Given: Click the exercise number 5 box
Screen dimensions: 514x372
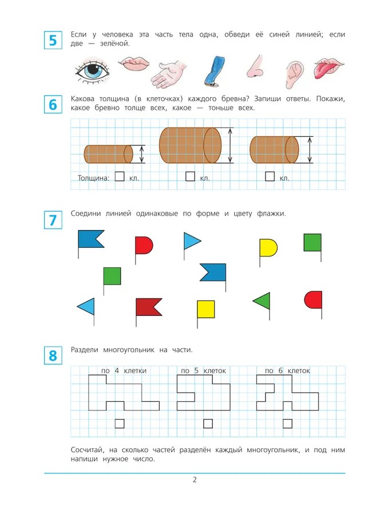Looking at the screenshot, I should tap(53, 41).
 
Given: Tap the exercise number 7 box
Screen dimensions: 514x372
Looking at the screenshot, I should tap(53, 220).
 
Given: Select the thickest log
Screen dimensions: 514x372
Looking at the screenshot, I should tap(189, 145).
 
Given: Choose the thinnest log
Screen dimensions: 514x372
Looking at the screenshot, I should tap(108, 154).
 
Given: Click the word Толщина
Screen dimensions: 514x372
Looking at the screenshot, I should tap(93, 178).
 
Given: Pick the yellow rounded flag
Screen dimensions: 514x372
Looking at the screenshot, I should tap(268, 248).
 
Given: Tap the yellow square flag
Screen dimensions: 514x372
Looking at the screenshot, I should tap(205, 309).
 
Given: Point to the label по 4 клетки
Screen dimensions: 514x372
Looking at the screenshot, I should tap(124, 371).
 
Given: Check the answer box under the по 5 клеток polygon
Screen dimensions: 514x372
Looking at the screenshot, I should tap(208, 424).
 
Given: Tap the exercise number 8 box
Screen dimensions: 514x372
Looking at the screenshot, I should tap(53, 356).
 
